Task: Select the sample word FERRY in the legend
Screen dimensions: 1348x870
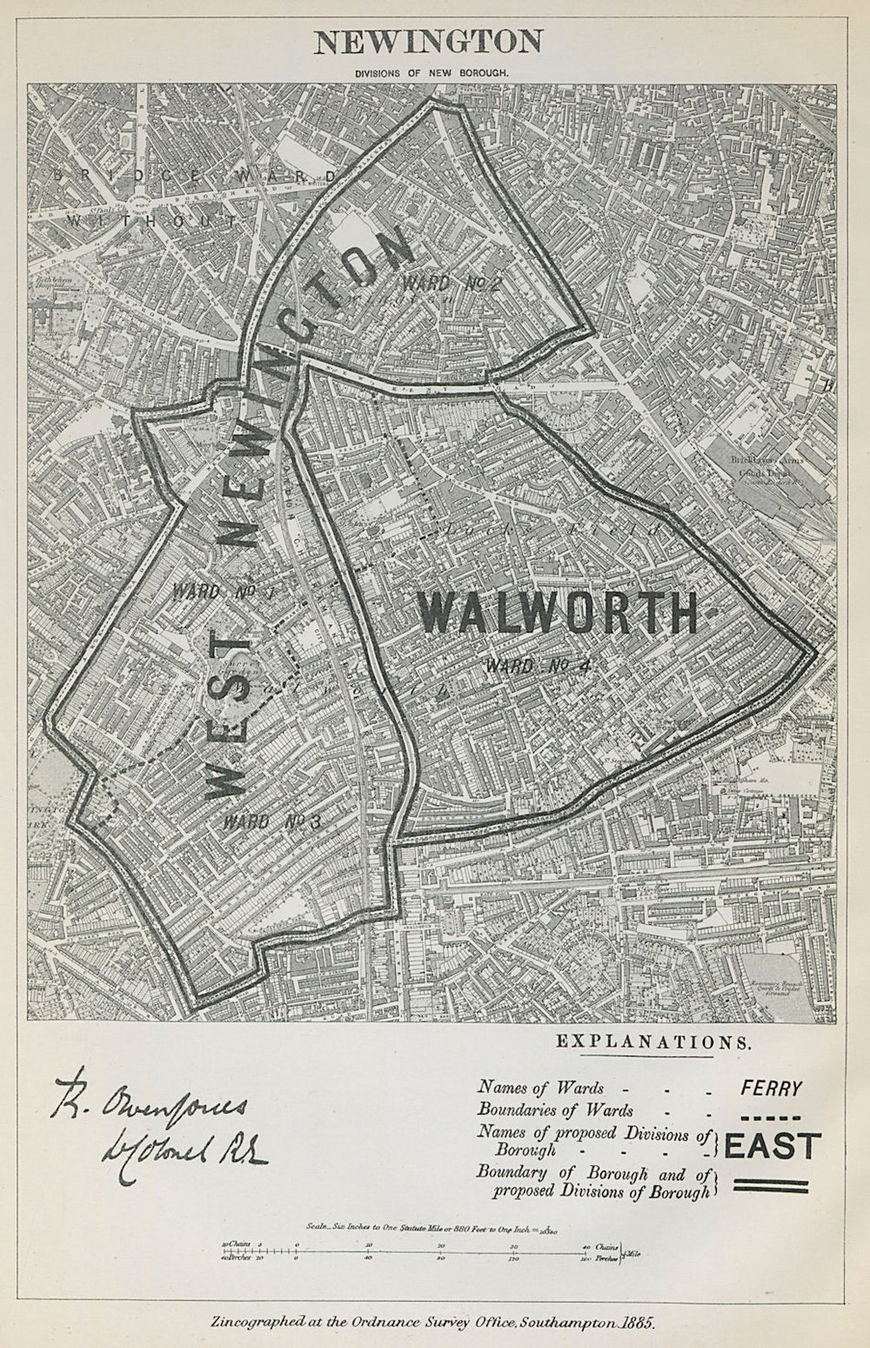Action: click(771, 1087)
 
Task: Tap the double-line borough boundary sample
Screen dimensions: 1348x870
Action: click(771, 1185)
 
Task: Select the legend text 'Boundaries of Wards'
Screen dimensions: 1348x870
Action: click(555, 1110)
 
